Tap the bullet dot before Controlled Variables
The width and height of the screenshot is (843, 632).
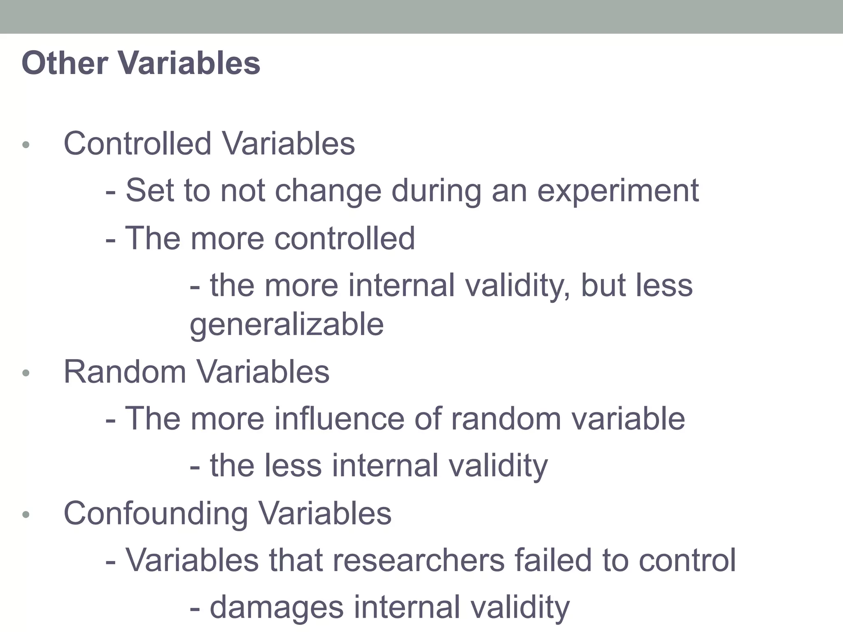click(26, 145)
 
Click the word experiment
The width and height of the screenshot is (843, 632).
click(618, 191)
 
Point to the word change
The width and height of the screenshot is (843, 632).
click(328, 191)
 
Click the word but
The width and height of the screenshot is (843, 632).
click(603, 285)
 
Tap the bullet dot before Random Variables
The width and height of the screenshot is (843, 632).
click(26, 373)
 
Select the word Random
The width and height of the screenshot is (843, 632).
click(125, 372)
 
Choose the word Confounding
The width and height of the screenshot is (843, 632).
click(156, 513)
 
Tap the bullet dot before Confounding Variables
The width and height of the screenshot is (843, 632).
click(26, 515)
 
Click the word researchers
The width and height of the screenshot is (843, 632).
click(418, 560)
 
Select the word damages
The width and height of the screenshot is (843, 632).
click(277, 607)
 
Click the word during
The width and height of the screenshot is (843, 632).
click(436, 191)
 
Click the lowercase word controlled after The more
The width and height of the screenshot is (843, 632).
click(345, 238)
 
